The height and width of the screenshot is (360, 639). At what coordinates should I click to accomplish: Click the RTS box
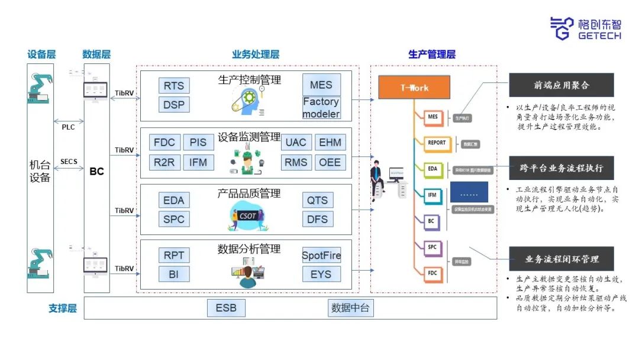click(x=174, y=85)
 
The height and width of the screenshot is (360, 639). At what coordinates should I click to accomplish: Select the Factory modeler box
click(x=321, y=107)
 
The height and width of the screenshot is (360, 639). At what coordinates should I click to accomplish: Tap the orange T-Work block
click(x=414, y=88)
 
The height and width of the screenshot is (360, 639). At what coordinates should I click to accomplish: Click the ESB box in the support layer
click(x=225, y=308)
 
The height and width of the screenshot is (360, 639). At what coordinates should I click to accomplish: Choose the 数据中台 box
click(x=351, y=308)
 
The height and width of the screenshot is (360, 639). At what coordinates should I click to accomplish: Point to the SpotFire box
click(x=321, y=256)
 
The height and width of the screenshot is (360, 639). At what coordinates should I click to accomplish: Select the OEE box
click(x=330, y=162)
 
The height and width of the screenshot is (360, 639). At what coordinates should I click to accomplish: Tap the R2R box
click(x=165, y=162)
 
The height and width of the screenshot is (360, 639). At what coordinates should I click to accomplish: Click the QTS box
click(x=317, y=200)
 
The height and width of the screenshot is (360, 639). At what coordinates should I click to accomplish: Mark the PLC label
click(x=69, y=126)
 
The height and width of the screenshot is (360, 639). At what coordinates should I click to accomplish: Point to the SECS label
click(x=69, y=161)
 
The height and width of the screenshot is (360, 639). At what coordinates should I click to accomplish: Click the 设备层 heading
click(x=41, y=54)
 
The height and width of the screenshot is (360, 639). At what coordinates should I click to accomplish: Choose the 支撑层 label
click(x=63, y=308)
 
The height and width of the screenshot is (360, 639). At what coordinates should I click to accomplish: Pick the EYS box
click(x=321, y=274)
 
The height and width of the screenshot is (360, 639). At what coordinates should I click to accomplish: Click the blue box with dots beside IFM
click(x=469, y=192)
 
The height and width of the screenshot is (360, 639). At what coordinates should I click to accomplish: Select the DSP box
click(x=174, y=104)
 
